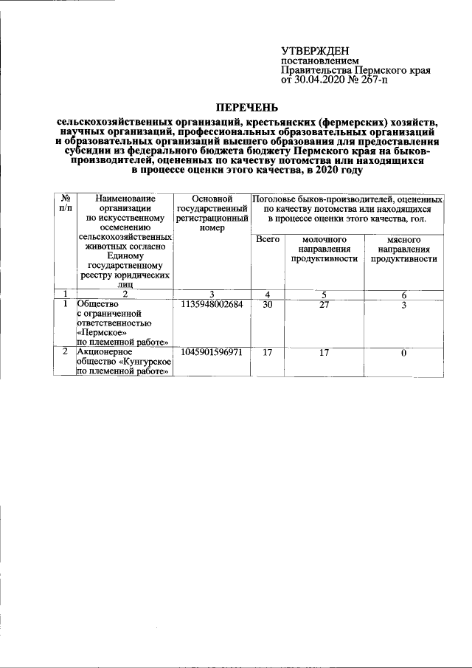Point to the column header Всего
click(267, 241)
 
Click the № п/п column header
click(65, 204)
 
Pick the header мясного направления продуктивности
click(403, 249)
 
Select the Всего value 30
click(267, 304)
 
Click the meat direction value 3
click(403, 304)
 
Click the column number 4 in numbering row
click(267, 294)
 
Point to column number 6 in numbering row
click(403, 294)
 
